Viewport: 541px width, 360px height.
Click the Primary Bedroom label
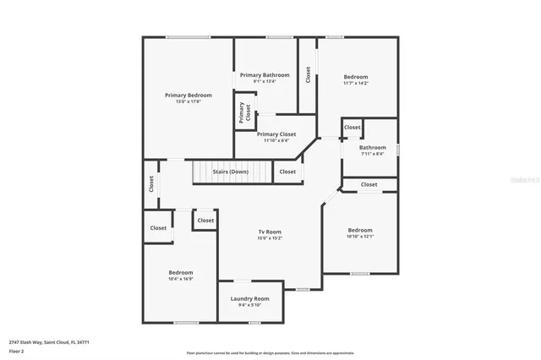188,95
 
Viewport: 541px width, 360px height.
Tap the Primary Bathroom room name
265,75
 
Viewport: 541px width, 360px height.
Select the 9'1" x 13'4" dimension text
265,82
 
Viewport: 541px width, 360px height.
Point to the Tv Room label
270,232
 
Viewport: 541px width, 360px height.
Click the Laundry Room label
250,298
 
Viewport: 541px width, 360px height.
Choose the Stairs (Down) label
230,172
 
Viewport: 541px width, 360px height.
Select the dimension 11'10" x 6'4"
276,141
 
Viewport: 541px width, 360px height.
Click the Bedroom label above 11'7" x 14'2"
356,77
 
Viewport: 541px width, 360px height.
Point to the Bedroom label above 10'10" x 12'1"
360,230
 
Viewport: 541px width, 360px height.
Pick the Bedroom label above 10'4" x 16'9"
181,272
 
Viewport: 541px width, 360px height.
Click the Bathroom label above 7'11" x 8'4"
373,147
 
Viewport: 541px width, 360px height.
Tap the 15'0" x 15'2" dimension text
270,238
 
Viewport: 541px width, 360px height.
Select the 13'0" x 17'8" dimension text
188,101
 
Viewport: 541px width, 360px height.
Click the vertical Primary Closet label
244,113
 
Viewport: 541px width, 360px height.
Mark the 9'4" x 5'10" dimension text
250,305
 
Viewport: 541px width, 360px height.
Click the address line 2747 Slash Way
49,342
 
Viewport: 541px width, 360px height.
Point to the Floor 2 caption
17,351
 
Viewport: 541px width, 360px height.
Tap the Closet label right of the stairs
287,172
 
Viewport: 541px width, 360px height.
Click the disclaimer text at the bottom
270,353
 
